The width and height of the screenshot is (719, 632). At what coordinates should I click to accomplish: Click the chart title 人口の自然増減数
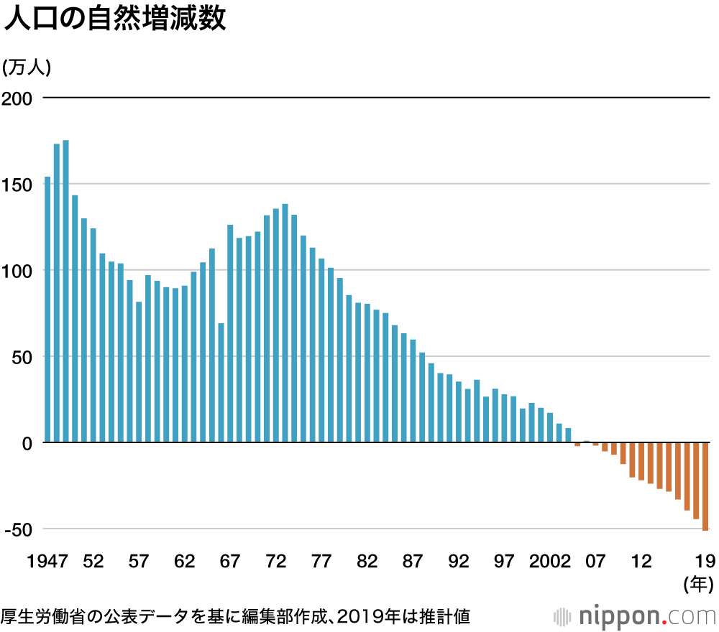115,19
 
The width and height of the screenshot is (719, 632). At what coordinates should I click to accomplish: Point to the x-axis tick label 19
705,562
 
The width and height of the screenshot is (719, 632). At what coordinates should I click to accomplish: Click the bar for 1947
47,309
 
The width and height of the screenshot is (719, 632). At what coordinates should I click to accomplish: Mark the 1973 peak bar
285,323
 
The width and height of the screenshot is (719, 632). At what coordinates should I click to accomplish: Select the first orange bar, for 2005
577,445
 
